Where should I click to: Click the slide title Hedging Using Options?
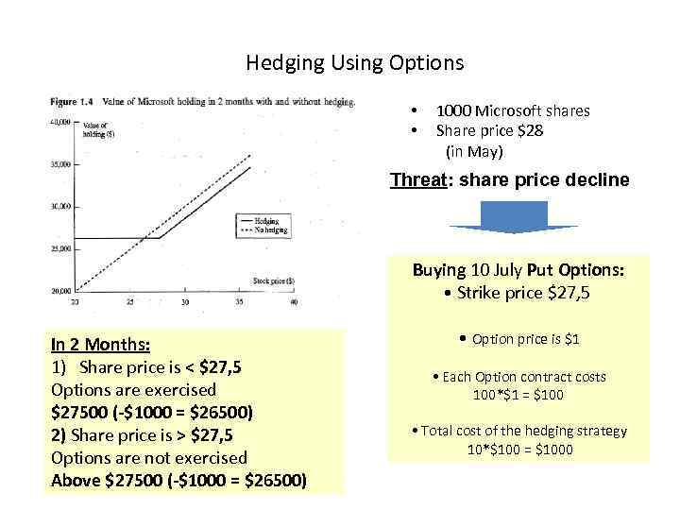[x=354, y=63]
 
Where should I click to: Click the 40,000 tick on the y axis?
[x=62, y=122]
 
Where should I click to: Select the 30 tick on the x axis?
[x=185, y=301]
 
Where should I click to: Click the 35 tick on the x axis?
[x=240, y=301]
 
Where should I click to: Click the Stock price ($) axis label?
[x=273, y=280]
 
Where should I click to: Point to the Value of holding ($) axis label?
[x=99, y=130]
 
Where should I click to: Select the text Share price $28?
[x=488, y=131]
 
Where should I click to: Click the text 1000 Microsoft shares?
[x=512, y=111]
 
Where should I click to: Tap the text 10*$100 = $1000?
[x=519, y=450]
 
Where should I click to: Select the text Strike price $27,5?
[x=517, y=293]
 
